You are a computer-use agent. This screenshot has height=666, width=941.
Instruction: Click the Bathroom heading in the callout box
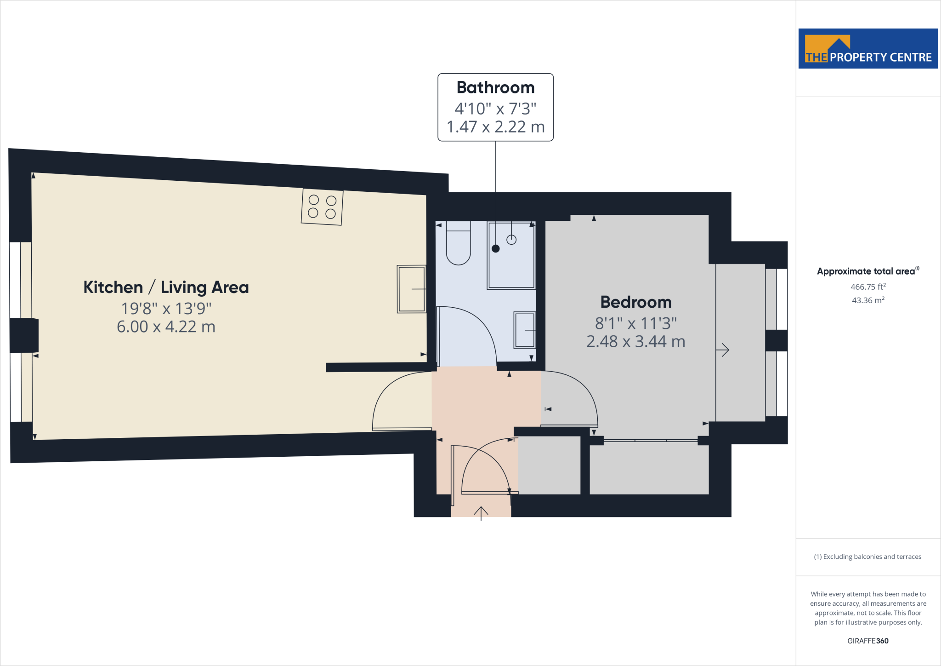click(x=495, y=87)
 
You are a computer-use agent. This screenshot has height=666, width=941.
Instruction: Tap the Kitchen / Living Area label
click(x=166, y=287)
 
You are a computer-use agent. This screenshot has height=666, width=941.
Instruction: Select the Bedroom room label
click(x=636, y=302)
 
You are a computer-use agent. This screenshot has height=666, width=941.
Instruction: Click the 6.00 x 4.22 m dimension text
click(x=166, y=327)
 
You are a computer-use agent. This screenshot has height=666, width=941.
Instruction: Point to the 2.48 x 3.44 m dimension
click(x=636, y=341)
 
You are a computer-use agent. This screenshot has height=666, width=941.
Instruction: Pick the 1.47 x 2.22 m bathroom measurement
click(x=495, y=126)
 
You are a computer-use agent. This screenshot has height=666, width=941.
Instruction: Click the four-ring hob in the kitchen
click(x=322, y=207)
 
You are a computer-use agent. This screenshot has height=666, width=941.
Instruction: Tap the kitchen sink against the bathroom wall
click(x=411, y=289)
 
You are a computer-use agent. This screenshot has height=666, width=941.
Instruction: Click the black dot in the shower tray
click(x=495, y=248)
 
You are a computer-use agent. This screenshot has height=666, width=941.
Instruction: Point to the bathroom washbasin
click(x=525, y=330)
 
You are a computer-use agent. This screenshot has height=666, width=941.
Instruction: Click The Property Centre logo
click(x=868, y=49)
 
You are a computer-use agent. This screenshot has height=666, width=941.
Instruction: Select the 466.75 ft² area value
click(x=868, y=287)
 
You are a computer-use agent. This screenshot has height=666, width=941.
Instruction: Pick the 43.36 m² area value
click(x=868, y=300)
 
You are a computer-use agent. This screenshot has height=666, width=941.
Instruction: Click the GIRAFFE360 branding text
click(x=868, y=641)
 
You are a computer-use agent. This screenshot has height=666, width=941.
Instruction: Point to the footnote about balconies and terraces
click(x=867, y=557)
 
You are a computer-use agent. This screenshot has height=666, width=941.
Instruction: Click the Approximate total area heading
click(x=867, y=271)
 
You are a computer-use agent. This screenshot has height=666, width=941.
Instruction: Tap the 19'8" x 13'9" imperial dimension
click(x=166, y=309)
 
